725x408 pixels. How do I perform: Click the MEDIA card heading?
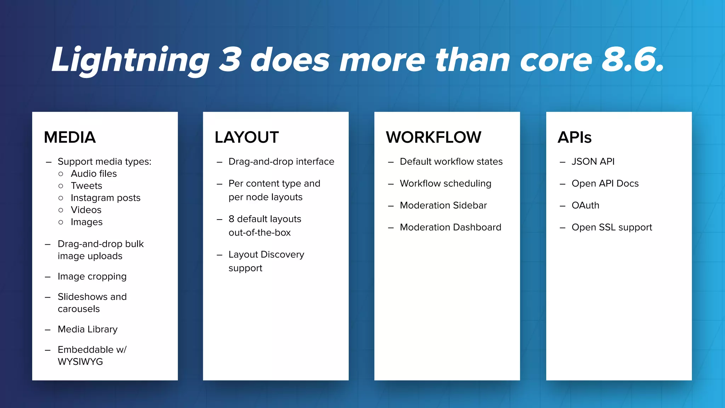click(70, 137)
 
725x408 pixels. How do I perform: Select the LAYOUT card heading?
click(247, 137)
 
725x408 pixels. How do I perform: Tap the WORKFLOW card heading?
click(433, 137)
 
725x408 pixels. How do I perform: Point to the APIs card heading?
click(575, 137)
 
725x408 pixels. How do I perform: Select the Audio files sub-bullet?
click(94, 174)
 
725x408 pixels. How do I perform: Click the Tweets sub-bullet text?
click(86, 186)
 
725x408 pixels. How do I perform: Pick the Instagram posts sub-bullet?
click(105, 198)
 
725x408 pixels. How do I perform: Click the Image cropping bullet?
click(92, 276)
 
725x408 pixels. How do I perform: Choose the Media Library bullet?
click(87, 329)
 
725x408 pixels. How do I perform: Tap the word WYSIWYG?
click(80, 362)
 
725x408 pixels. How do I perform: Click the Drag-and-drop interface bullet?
click(281, 161)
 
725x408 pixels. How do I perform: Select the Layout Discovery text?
click(266, 255)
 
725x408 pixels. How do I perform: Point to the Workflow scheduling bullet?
click(445, 183)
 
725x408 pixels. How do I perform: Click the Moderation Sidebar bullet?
click(443, 205)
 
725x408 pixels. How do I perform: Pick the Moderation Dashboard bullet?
click(450, 227)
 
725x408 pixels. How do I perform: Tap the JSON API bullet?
click(593, 161)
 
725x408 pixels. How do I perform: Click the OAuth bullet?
click(585, 205)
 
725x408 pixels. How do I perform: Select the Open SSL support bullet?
click(612, 227)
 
